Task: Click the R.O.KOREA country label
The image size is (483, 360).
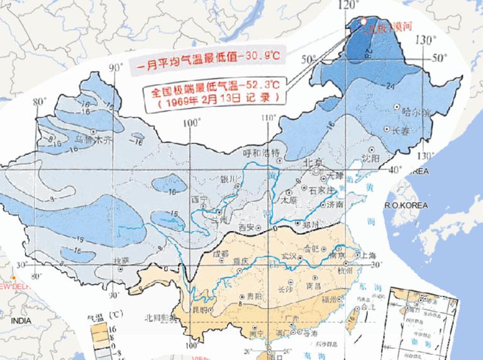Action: pos(406,206)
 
